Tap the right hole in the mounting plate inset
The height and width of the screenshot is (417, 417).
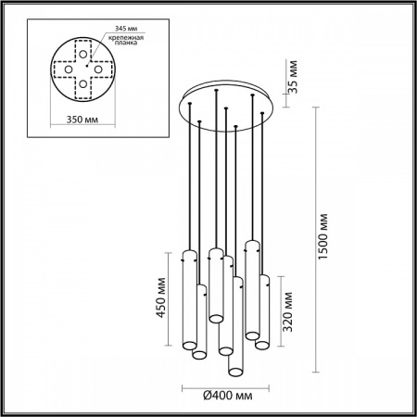pos(97,69)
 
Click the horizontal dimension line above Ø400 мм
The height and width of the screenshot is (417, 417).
pos(227,385)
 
